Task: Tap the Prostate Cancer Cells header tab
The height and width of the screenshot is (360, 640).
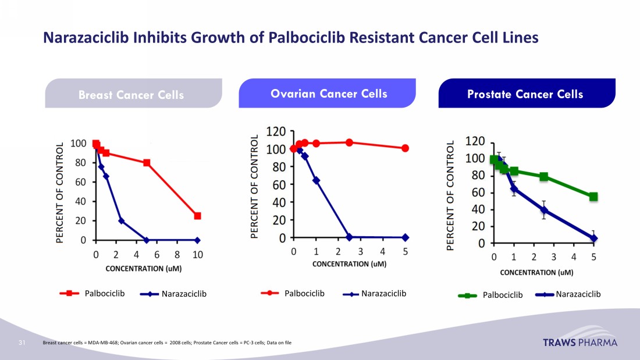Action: [x=525, y=94]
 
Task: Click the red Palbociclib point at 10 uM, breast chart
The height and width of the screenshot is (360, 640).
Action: [x=198, y=216]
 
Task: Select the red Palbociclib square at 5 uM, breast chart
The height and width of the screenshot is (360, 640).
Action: [x=147, y=163]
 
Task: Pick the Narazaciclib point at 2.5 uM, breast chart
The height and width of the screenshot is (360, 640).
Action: [x=121, y=220]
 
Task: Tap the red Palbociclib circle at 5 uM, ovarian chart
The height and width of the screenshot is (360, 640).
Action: [x=405, y=148]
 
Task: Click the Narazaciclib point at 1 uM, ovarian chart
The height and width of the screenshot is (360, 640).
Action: [x=316, y=180]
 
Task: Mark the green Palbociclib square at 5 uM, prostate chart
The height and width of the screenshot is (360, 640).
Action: [x=593, y=197]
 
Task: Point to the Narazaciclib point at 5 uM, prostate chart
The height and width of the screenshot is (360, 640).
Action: [x=593, y=238]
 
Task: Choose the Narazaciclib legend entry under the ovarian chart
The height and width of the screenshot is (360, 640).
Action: [x=375, y=294]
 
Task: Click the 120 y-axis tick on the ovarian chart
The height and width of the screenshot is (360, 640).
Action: [x=276, y=131]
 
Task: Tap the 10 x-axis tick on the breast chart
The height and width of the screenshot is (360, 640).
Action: [x=198, y=254]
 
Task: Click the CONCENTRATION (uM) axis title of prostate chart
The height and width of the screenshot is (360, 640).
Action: [x=536, y=272]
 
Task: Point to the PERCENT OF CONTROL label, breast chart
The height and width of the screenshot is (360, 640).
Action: [x=59, y=192]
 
